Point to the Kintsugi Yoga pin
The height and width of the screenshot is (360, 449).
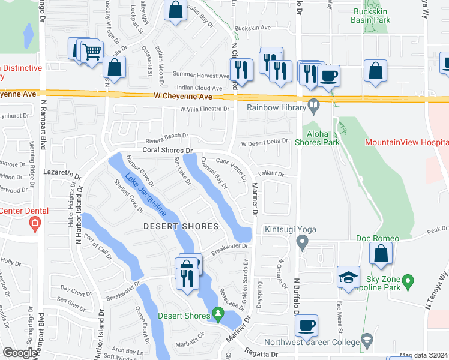(x=303, y=242)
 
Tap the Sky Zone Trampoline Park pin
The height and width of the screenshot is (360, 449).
(x=408, y=280)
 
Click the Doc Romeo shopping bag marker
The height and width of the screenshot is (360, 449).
(x=381, y=254)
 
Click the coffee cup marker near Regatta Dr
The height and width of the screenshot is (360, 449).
(x=307, y=326)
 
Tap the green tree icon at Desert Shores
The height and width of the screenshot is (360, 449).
(x=218, y=314)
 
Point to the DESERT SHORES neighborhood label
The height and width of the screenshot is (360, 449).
(x=180, y=226)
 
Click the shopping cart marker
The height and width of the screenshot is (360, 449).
(x=91, y=52)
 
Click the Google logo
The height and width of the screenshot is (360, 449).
(x=20, y=353)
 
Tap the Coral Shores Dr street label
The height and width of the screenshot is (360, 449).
(x=167, y=151)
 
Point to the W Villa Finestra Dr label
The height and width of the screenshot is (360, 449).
(x=205, y=109)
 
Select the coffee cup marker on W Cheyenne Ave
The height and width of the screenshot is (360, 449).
(x=328, y=76)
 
